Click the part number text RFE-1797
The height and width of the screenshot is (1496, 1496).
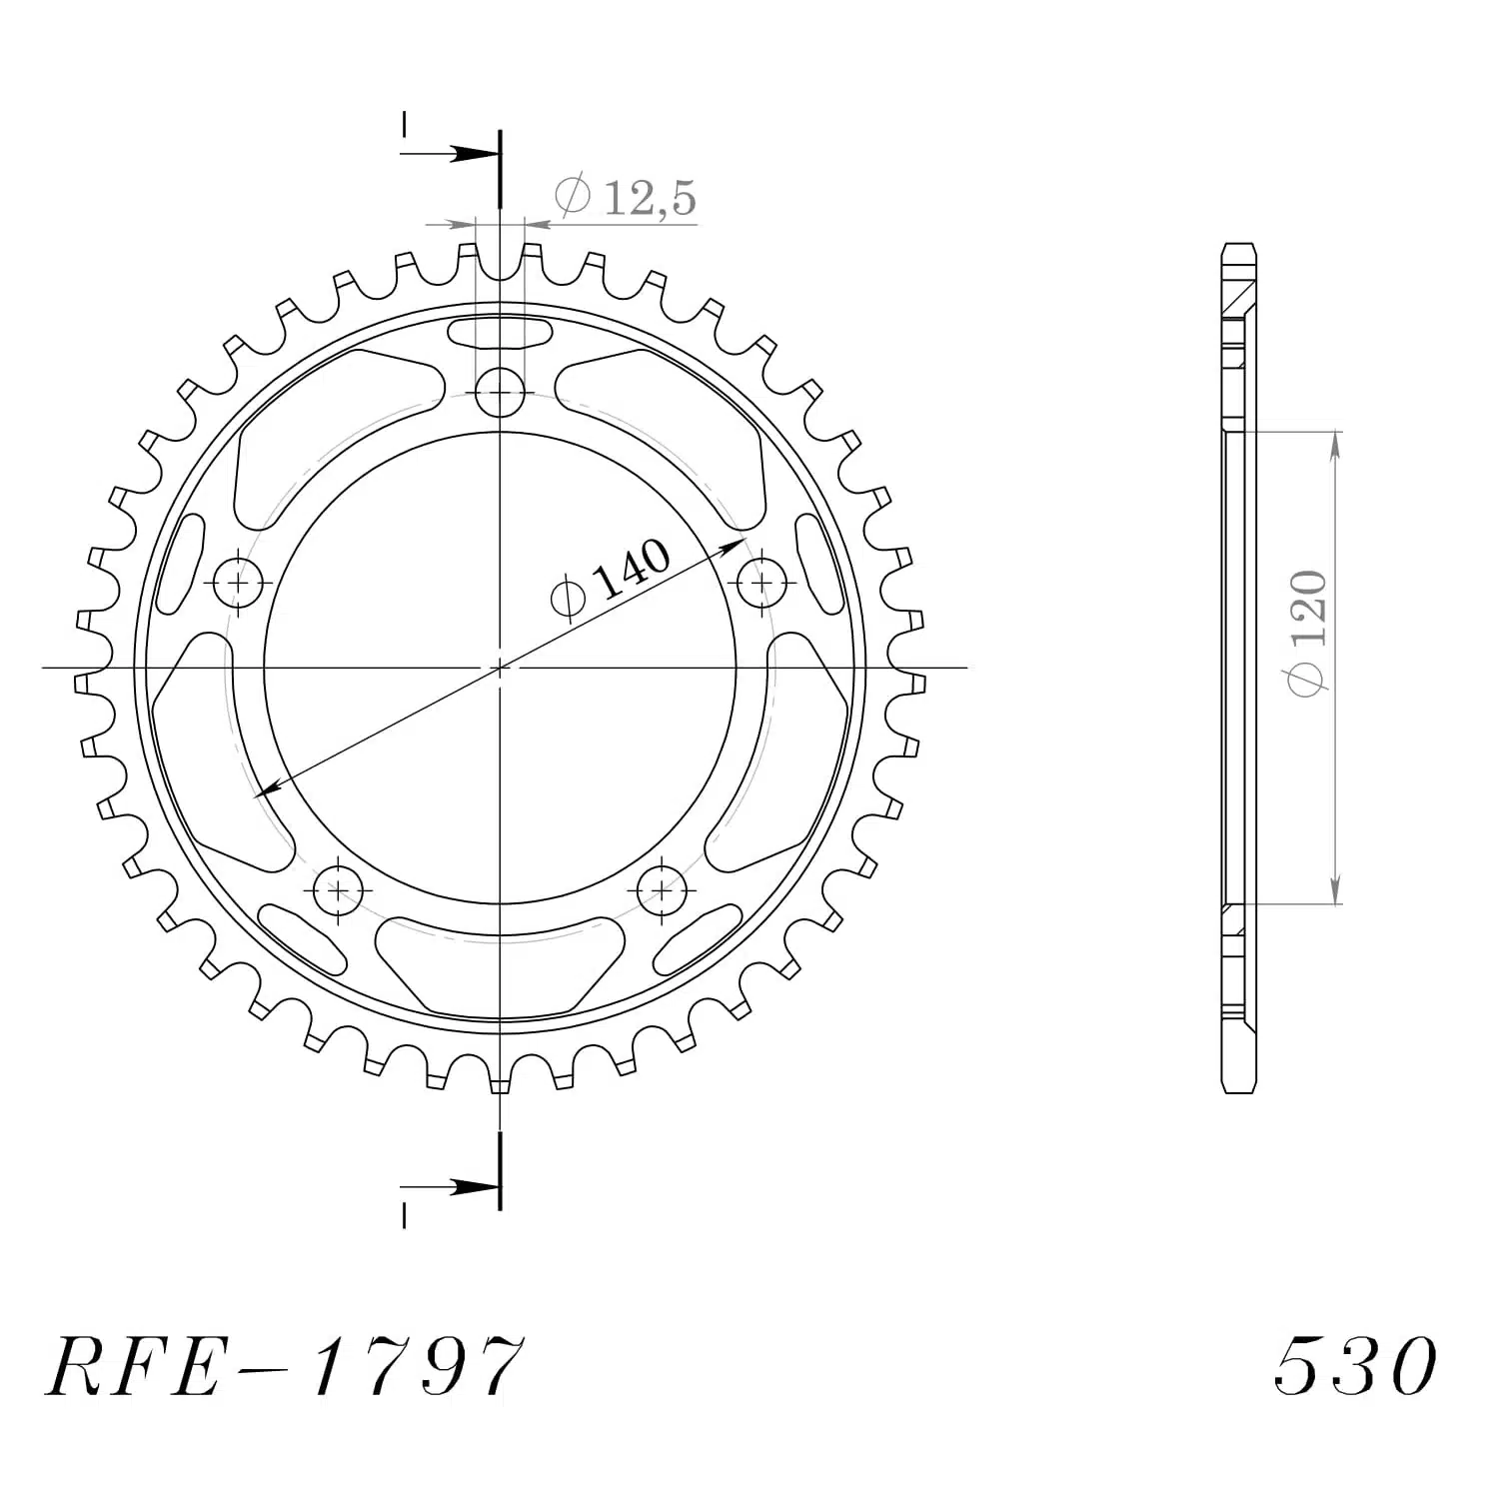tap(283, 1366)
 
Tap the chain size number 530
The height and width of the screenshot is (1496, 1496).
tap(1355, 1366)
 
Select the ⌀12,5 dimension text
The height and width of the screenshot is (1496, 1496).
tap(626, 197)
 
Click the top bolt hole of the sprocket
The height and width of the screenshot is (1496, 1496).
tap(500, 392)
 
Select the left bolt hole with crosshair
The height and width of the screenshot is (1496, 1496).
tap(240, 581)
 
